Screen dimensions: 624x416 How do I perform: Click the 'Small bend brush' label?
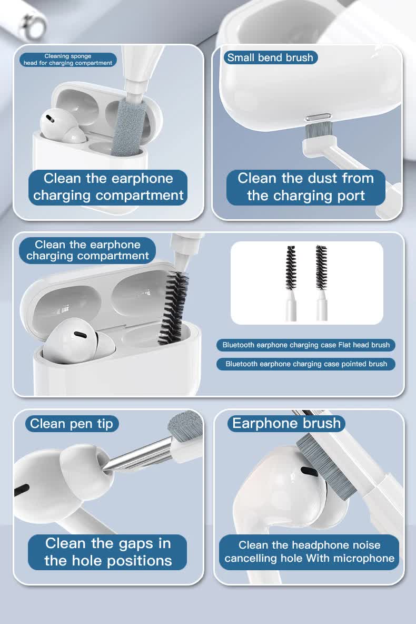(x=270, y=57)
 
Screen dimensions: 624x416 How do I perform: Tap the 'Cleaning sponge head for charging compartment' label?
(x=68, y=60)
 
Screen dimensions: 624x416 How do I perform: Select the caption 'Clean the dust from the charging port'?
(x=306, y=187)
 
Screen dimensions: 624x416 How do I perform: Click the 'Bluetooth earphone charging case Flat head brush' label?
(x=306, y=345)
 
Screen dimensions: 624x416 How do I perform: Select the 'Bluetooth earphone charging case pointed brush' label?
(x=306, y=364)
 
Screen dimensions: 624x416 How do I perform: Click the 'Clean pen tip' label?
(x=72, y=423)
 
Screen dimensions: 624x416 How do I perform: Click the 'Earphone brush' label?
(x=286, y=423)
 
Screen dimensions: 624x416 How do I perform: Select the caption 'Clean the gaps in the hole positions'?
(x=108, y=552)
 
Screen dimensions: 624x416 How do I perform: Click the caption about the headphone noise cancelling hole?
(x=309, y=552)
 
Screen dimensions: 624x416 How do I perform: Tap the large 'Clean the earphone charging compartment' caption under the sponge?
(x=108, y=187)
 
